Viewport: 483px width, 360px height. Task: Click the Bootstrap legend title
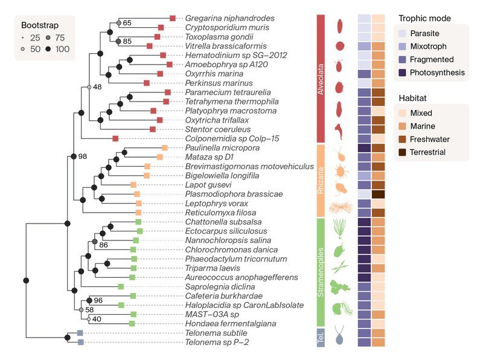click(39, 26)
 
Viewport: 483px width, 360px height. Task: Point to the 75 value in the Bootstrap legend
click(59, 38)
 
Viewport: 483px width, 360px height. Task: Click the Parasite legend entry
click(424, 33)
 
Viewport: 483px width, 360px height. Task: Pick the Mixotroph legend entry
click(427, 47)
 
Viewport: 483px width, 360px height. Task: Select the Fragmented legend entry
click(431, 60)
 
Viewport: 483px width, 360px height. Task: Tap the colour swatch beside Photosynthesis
click(401, 73)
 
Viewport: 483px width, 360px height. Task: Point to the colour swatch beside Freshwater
click(401, 140)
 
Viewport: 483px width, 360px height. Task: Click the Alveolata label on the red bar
click(321, 78)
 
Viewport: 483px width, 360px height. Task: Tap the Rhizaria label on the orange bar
click(321, 180)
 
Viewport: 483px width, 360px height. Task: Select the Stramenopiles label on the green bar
click(321, 272)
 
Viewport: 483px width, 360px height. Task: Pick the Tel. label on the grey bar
click(321, 337)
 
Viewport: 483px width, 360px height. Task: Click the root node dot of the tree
click(25, 280)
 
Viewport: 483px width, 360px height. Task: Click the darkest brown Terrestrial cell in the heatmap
click(378, 194)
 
